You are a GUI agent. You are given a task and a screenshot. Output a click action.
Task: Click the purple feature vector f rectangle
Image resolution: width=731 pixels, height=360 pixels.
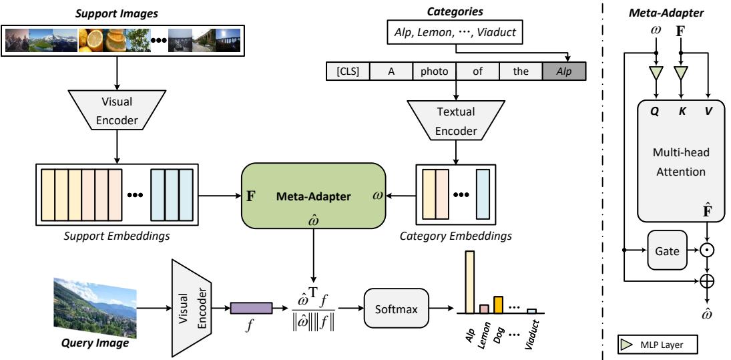pos(251,308)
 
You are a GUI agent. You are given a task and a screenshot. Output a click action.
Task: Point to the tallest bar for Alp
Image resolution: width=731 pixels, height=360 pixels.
pos(469,281)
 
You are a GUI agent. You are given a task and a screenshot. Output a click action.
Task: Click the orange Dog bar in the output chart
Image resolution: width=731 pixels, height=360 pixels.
pos(497,304)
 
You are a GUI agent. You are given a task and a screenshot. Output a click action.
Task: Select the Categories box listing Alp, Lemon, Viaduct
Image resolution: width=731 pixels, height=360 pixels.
pos(455,31)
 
